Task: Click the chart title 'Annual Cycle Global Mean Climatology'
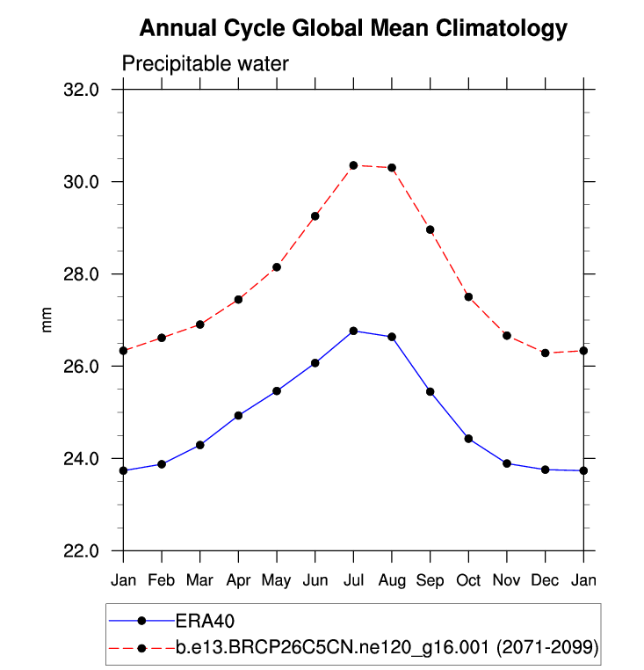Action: click(x=353, y=29)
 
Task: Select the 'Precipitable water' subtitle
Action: click(x=205, y=63)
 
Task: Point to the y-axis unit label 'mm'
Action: click(x=48, y=320)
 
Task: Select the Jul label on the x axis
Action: click(x=353, y=580)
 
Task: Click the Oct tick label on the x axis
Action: click(x=468, y=580)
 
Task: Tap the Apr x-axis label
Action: click(x=238, y=580)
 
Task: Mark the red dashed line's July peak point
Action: click(x=353, y=165)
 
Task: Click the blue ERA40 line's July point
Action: click(x=353, y=331)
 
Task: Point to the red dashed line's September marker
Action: click(x=431, y=229)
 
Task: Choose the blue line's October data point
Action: click(x=468, y=439)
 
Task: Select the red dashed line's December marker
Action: click(x=546, y=353)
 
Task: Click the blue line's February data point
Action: click(x=162, y=464)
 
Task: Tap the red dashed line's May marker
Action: click(x=277, y=267)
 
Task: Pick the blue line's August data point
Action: click(x=392, y=337)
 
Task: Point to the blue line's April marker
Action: click(x=238, y=415)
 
